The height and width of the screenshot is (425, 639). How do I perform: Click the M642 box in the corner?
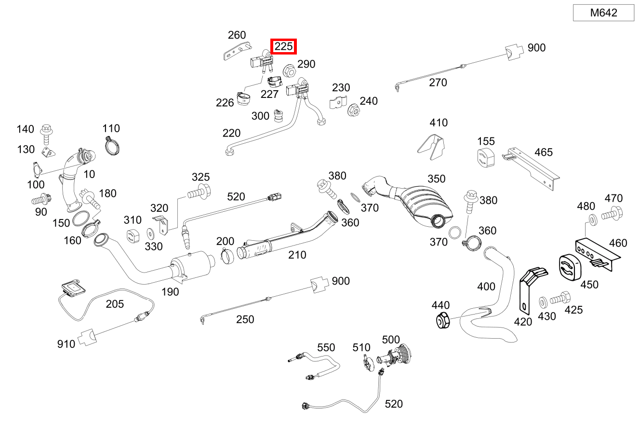(x=603, y=13)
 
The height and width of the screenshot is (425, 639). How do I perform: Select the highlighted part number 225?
(x=283, y=47)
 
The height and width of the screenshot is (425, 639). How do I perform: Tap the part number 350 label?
(x=437, y=179)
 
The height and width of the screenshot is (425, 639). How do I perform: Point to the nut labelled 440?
(x=443, y=320)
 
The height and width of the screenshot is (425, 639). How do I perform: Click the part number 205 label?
(x=115, y=304)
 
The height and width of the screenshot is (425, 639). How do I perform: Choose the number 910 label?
(x=66, y=344)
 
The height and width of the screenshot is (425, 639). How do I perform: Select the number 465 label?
(x=544, y=152)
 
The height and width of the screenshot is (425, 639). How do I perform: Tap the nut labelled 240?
(x=353, y=110)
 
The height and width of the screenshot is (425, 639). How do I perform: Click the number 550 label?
(x=326, y=347)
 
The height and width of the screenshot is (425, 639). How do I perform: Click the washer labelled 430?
(x=543, y=302)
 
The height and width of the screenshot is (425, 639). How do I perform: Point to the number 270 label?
(x=438, y=82)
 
